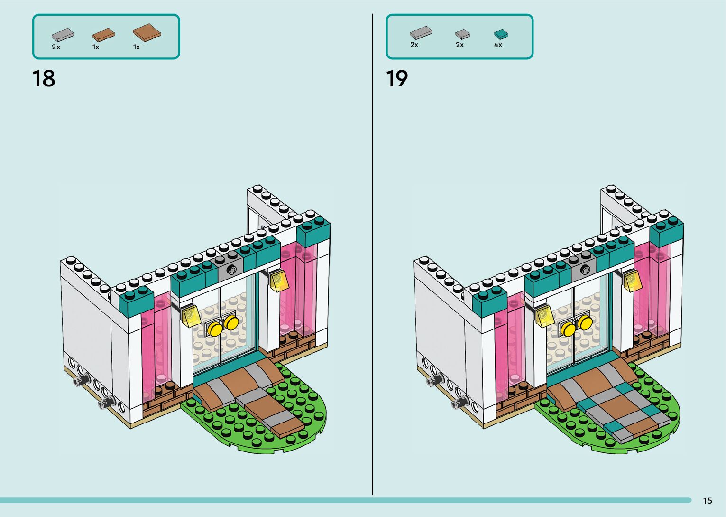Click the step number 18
click(44, 78)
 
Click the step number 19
click(397, 78)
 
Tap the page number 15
click(707, 500)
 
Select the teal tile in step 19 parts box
click(501, 34)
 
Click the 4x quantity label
click(498, 45)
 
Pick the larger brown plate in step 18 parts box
click(147, 32)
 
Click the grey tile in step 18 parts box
click(63, 35)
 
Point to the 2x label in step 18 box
click(56, 47)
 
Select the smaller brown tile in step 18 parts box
click(103, 35)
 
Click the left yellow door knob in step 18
click(216, 329)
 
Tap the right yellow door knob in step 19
click(585, 323)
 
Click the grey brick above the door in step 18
click(230, 269)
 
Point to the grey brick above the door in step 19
click(584, 269)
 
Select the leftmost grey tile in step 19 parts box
click(421, 33)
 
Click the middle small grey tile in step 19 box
click(462, 34)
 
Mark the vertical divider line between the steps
click(372, 256)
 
